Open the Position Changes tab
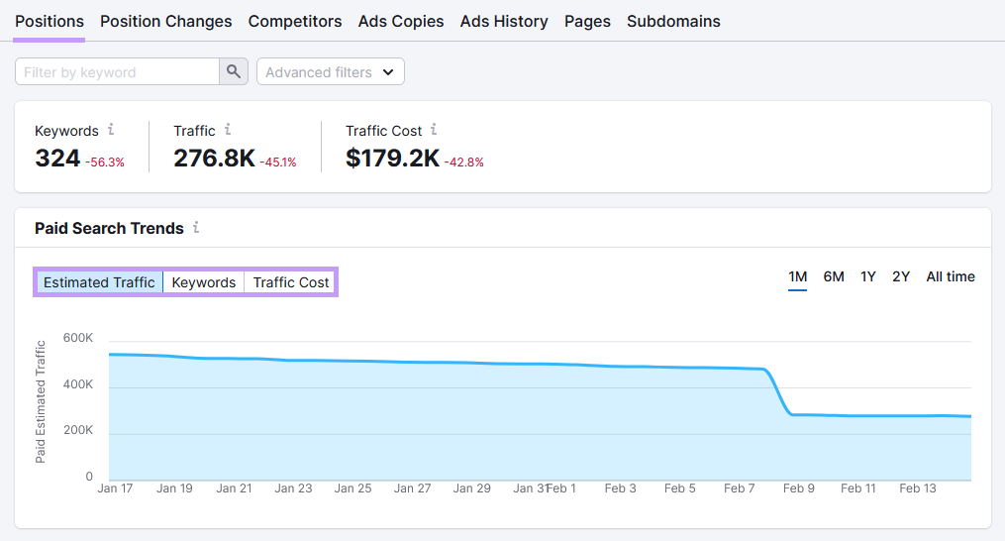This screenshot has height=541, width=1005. [x=165, y=21]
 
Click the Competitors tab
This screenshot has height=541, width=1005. [x=295, y=21]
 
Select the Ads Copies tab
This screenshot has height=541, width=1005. [x=401, y=21]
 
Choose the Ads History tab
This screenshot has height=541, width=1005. [x=504, y=21]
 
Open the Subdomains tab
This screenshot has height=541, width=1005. [x=673, y=21]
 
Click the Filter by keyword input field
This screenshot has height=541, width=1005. [x=117, y=72]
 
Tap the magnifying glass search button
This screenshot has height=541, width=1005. [x=233, y=72]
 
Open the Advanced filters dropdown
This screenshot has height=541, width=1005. [x=330, y=72]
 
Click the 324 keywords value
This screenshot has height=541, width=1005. [x=57, y=158]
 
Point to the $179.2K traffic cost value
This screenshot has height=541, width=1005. [x=392, y=158]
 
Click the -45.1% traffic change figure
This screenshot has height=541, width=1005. [x=278, y=162]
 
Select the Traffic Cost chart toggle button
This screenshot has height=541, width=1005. [x=291, y=282]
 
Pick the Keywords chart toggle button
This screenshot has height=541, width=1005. [x=204, y=282]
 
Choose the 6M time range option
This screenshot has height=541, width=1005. [x=834, y=276]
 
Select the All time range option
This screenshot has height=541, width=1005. [x=951, y=276]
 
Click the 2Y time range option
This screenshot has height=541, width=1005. [x=901, y=276]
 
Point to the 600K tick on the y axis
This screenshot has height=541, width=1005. [x=77, y=338]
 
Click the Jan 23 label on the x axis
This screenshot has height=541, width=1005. [x=293, y=488]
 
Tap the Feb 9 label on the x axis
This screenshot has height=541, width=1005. [x=799, y=488]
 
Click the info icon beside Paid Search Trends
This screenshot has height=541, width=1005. [x=196, y=228]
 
